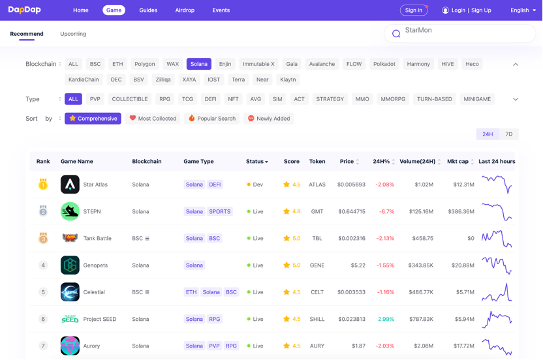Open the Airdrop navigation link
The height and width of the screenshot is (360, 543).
185,10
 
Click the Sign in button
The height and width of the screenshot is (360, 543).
414,10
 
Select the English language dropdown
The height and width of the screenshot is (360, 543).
523,10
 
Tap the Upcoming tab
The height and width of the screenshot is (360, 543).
73,34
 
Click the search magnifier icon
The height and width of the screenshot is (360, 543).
396,34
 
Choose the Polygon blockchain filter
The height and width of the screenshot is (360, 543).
145,64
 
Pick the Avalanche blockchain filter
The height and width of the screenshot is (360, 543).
322,64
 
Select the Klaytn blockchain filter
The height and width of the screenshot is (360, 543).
288,80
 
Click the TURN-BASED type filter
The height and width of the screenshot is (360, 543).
434,99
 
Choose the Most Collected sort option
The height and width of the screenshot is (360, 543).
153,119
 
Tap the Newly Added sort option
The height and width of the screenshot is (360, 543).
269,119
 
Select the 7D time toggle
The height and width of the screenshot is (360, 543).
509,134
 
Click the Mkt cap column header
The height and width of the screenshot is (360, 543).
458,162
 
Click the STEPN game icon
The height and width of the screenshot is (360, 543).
70,211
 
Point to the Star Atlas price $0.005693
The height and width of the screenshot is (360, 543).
351,185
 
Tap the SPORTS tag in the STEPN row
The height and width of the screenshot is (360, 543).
220,211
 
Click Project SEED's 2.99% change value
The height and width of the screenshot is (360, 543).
386,319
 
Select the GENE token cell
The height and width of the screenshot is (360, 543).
317,265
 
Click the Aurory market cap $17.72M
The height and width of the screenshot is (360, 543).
463,346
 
